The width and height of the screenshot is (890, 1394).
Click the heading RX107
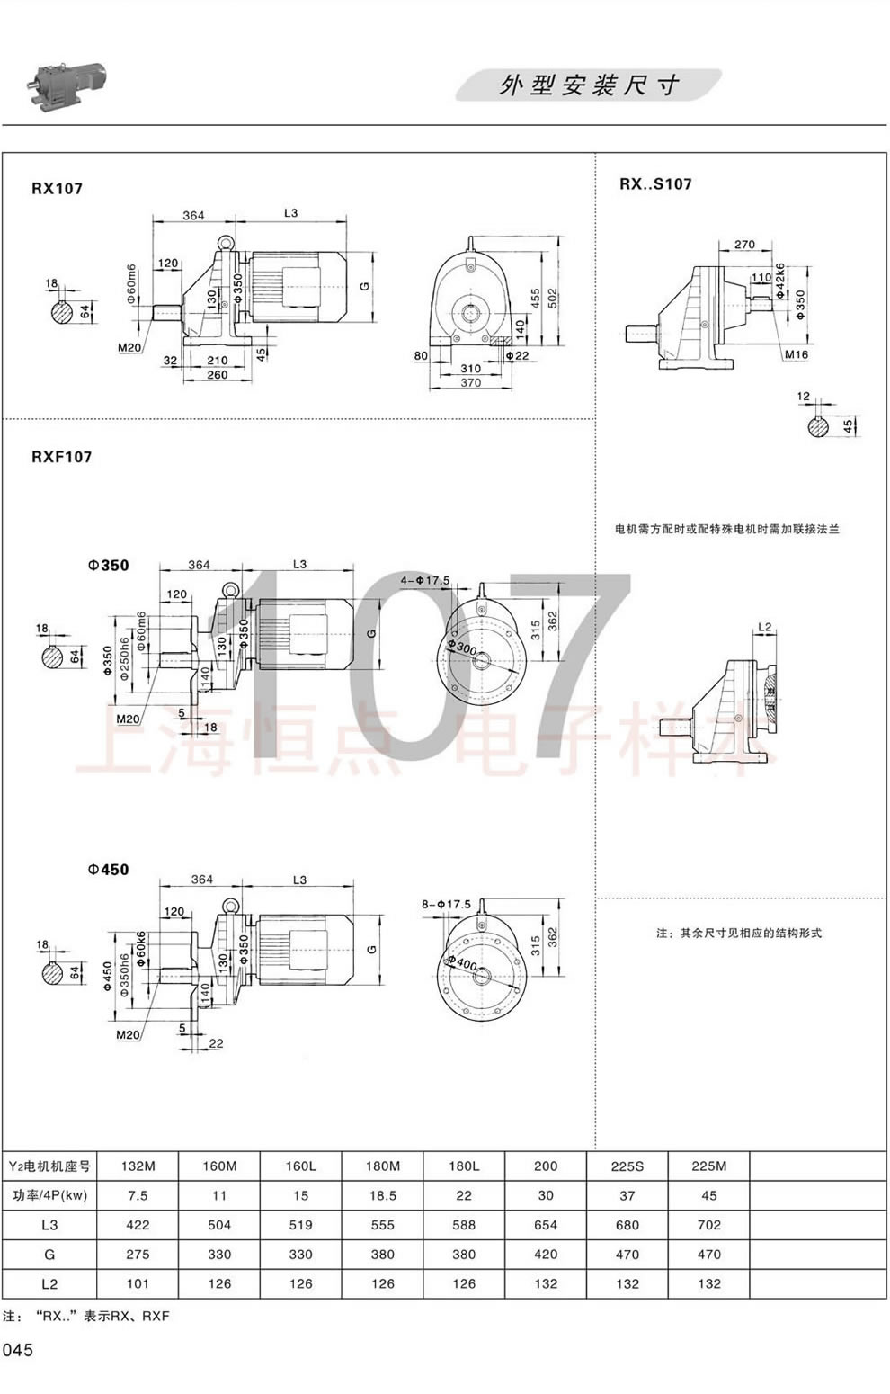[57, 188]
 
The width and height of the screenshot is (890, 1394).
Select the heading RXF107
[61, 456]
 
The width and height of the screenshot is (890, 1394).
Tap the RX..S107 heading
[655, 183]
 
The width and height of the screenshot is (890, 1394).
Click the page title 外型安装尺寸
[589, 85]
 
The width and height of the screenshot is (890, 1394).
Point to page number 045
[18, 1350]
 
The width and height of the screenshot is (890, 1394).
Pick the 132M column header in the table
[138, 1166]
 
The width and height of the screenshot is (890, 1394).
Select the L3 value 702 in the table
[708, 1224]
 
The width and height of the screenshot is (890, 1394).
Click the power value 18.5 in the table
[382, 1195]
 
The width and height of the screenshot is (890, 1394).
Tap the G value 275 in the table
[138, 1254]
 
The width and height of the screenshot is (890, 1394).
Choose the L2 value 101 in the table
[138, 1283]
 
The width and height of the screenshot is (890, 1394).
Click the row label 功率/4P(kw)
[49, 1195]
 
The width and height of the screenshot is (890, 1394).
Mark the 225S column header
[627, 1166]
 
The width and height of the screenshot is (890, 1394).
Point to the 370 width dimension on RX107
[470, 383]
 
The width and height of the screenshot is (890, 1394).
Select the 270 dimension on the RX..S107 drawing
[744, 244]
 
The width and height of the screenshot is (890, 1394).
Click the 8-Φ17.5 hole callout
[446, 904]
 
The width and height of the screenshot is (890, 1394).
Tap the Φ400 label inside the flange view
[464, 962]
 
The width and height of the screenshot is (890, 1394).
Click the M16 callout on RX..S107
[797, 354]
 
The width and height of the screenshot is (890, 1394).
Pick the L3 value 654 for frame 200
[545, 1224]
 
